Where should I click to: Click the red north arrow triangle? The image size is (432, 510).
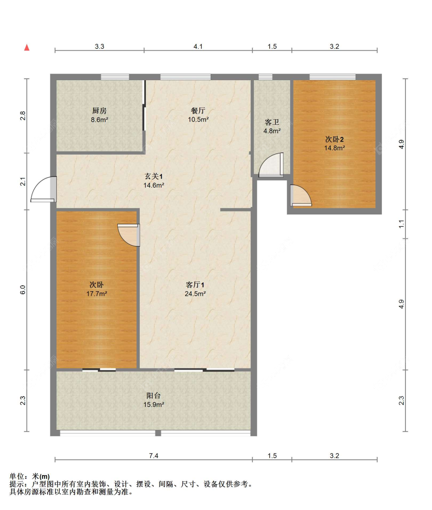(x=26, y=47)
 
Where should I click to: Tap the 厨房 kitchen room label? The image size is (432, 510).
(x=99, y=111)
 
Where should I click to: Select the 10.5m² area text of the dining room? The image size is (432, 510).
(x=198, y=120)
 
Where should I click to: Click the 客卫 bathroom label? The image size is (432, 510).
(x=272, y=122)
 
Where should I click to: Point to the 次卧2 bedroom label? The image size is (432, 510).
(x=334, y=139)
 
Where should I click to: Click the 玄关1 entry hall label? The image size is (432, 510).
(x=154, y=176)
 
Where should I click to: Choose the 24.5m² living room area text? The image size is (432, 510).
(x=195, y=294)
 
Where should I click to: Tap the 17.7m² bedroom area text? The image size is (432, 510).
(x=96, y=294)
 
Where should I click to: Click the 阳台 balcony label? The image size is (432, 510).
(x=154, y=395)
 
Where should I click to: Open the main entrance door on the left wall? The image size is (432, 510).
(x=43, y=189)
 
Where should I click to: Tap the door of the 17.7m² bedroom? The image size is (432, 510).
(x=129, y=235)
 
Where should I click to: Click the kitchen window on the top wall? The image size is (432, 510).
(x=115, y=77)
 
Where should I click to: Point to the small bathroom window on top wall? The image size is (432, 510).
(x=266, y=77)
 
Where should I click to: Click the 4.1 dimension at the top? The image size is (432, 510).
(x=198, y=46)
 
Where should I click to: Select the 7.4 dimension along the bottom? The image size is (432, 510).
(x=154, y=456)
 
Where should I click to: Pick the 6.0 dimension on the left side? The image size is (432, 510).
(x=23, y=290)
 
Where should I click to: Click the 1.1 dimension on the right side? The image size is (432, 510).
(x=402, y=224)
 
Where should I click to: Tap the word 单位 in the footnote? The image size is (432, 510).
(x=17, y=476)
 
